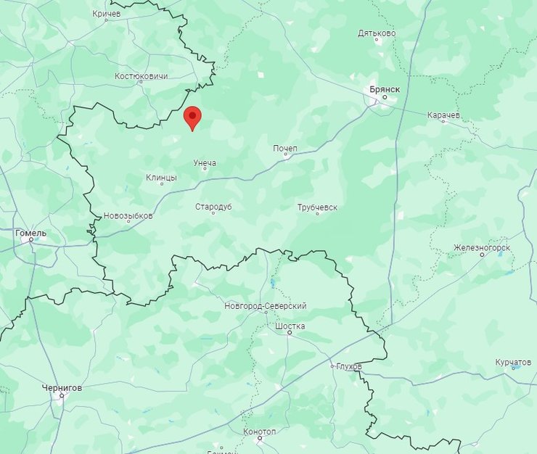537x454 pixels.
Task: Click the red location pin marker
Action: click(x=192, y=117)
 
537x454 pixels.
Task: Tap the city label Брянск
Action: click(x=385, y=88)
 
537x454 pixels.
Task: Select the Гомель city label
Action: click(x=30, y=234)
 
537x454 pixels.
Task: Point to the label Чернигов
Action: click(x=62, y=388)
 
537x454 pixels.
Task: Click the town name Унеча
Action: click(x=205, y=163)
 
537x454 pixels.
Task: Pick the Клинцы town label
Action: click(x=161, y=178)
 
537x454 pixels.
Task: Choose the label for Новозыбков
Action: click(x=128, y=216)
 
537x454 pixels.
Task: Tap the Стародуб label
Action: click(x=213, y=207)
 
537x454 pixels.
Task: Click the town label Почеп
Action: click(x=285, y=149)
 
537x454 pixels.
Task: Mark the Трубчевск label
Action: click(x=317, y=207)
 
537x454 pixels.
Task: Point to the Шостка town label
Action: click(x=290, y=326)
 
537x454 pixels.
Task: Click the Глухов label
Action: click(x=349, y=367)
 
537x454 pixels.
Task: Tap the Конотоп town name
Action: click(x=261, y=432)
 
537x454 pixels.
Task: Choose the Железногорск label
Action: click(x=482, y=248)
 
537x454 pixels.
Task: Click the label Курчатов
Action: click(x=513, y=362)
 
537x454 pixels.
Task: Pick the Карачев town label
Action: click(x=443, y=115)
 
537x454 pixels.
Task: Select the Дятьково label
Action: click(x=377, y=33)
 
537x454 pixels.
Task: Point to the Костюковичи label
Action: click(x=142, y=76)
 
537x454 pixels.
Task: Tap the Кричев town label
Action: click(x=107, y=14)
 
